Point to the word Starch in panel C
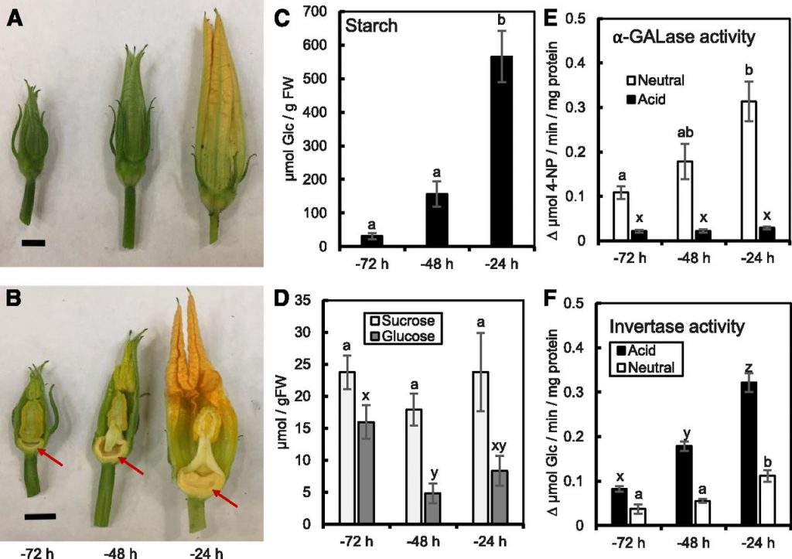(372, 25)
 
